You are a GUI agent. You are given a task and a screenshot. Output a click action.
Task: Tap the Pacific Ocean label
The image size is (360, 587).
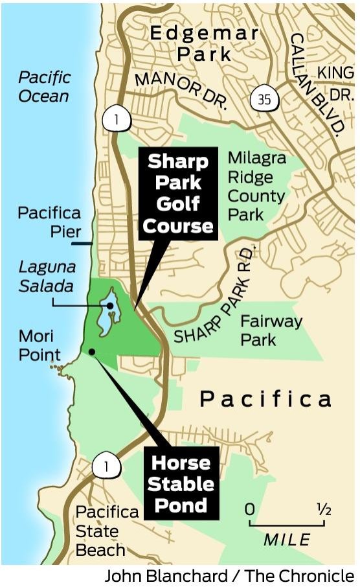[x=43, y=87]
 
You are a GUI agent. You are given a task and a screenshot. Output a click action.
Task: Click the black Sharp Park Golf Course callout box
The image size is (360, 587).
[x=178, y=194]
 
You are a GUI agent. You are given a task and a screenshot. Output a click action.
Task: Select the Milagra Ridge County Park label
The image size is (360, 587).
[x=256, y=186]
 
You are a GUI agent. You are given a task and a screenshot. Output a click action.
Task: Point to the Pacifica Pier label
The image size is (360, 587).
[x=49, y=222]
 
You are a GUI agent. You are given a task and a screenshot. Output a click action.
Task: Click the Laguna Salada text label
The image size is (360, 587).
[x=47, y=275]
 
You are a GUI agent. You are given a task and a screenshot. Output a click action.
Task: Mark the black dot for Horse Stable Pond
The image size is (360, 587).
[x=92, y=352]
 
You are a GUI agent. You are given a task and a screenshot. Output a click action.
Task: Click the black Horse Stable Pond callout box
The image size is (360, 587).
[x=181, y=483]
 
